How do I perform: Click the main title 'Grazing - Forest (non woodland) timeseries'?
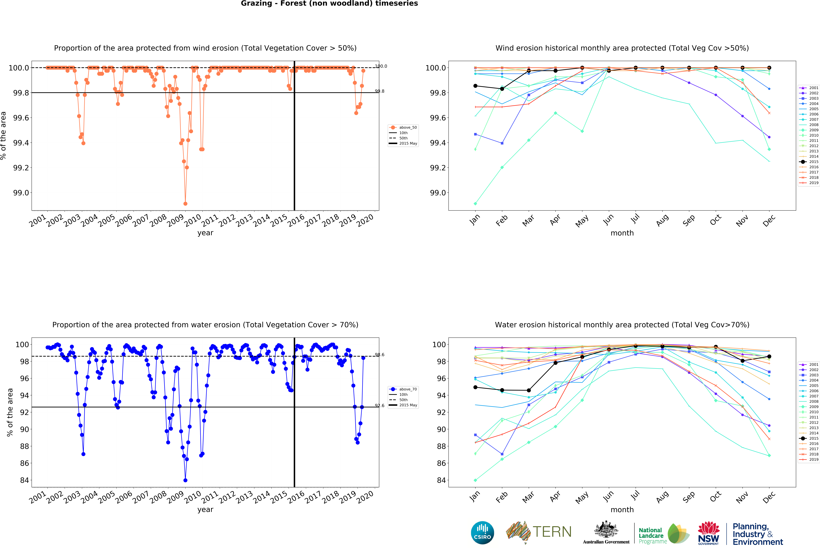(329, 4)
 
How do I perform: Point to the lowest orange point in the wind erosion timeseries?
(185, 204)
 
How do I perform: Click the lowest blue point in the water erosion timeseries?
(185, 480)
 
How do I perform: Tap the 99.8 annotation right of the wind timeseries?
(379, 91)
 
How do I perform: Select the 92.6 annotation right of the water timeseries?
(379, 405)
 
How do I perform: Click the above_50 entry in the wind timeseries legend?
(408, 127)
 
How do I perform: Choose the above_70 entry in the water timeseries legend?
(408, 389)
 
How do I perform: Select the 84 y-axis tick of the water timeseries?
(24, 480)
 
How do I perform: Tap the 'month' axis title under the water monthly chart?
(622, 510)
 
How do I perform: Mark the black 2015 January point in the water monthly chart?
(475, 387)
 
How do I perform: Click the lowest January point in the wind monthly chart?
(475, 204)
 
